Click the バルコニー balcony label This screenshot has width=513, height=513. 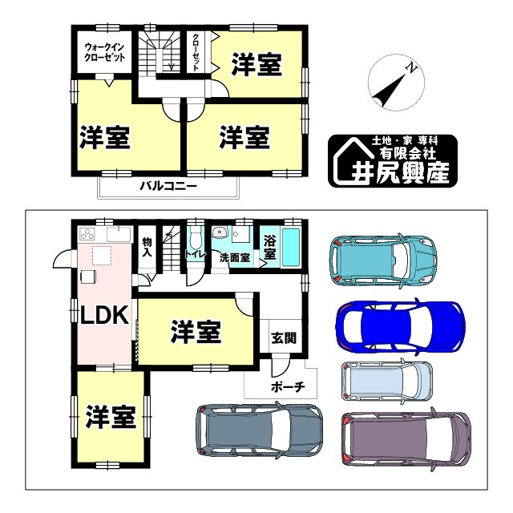168,187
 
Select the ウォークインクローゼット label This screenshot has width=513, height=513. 104,53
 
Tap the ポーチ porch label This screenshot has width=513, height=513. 286,386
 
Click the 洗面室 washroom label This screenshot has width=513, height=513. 234,258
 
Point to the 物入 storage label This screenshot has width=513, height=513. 147,246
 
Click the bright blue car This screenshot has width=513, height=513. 399,327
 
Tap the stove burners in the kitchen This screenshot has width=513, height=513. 87,235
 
